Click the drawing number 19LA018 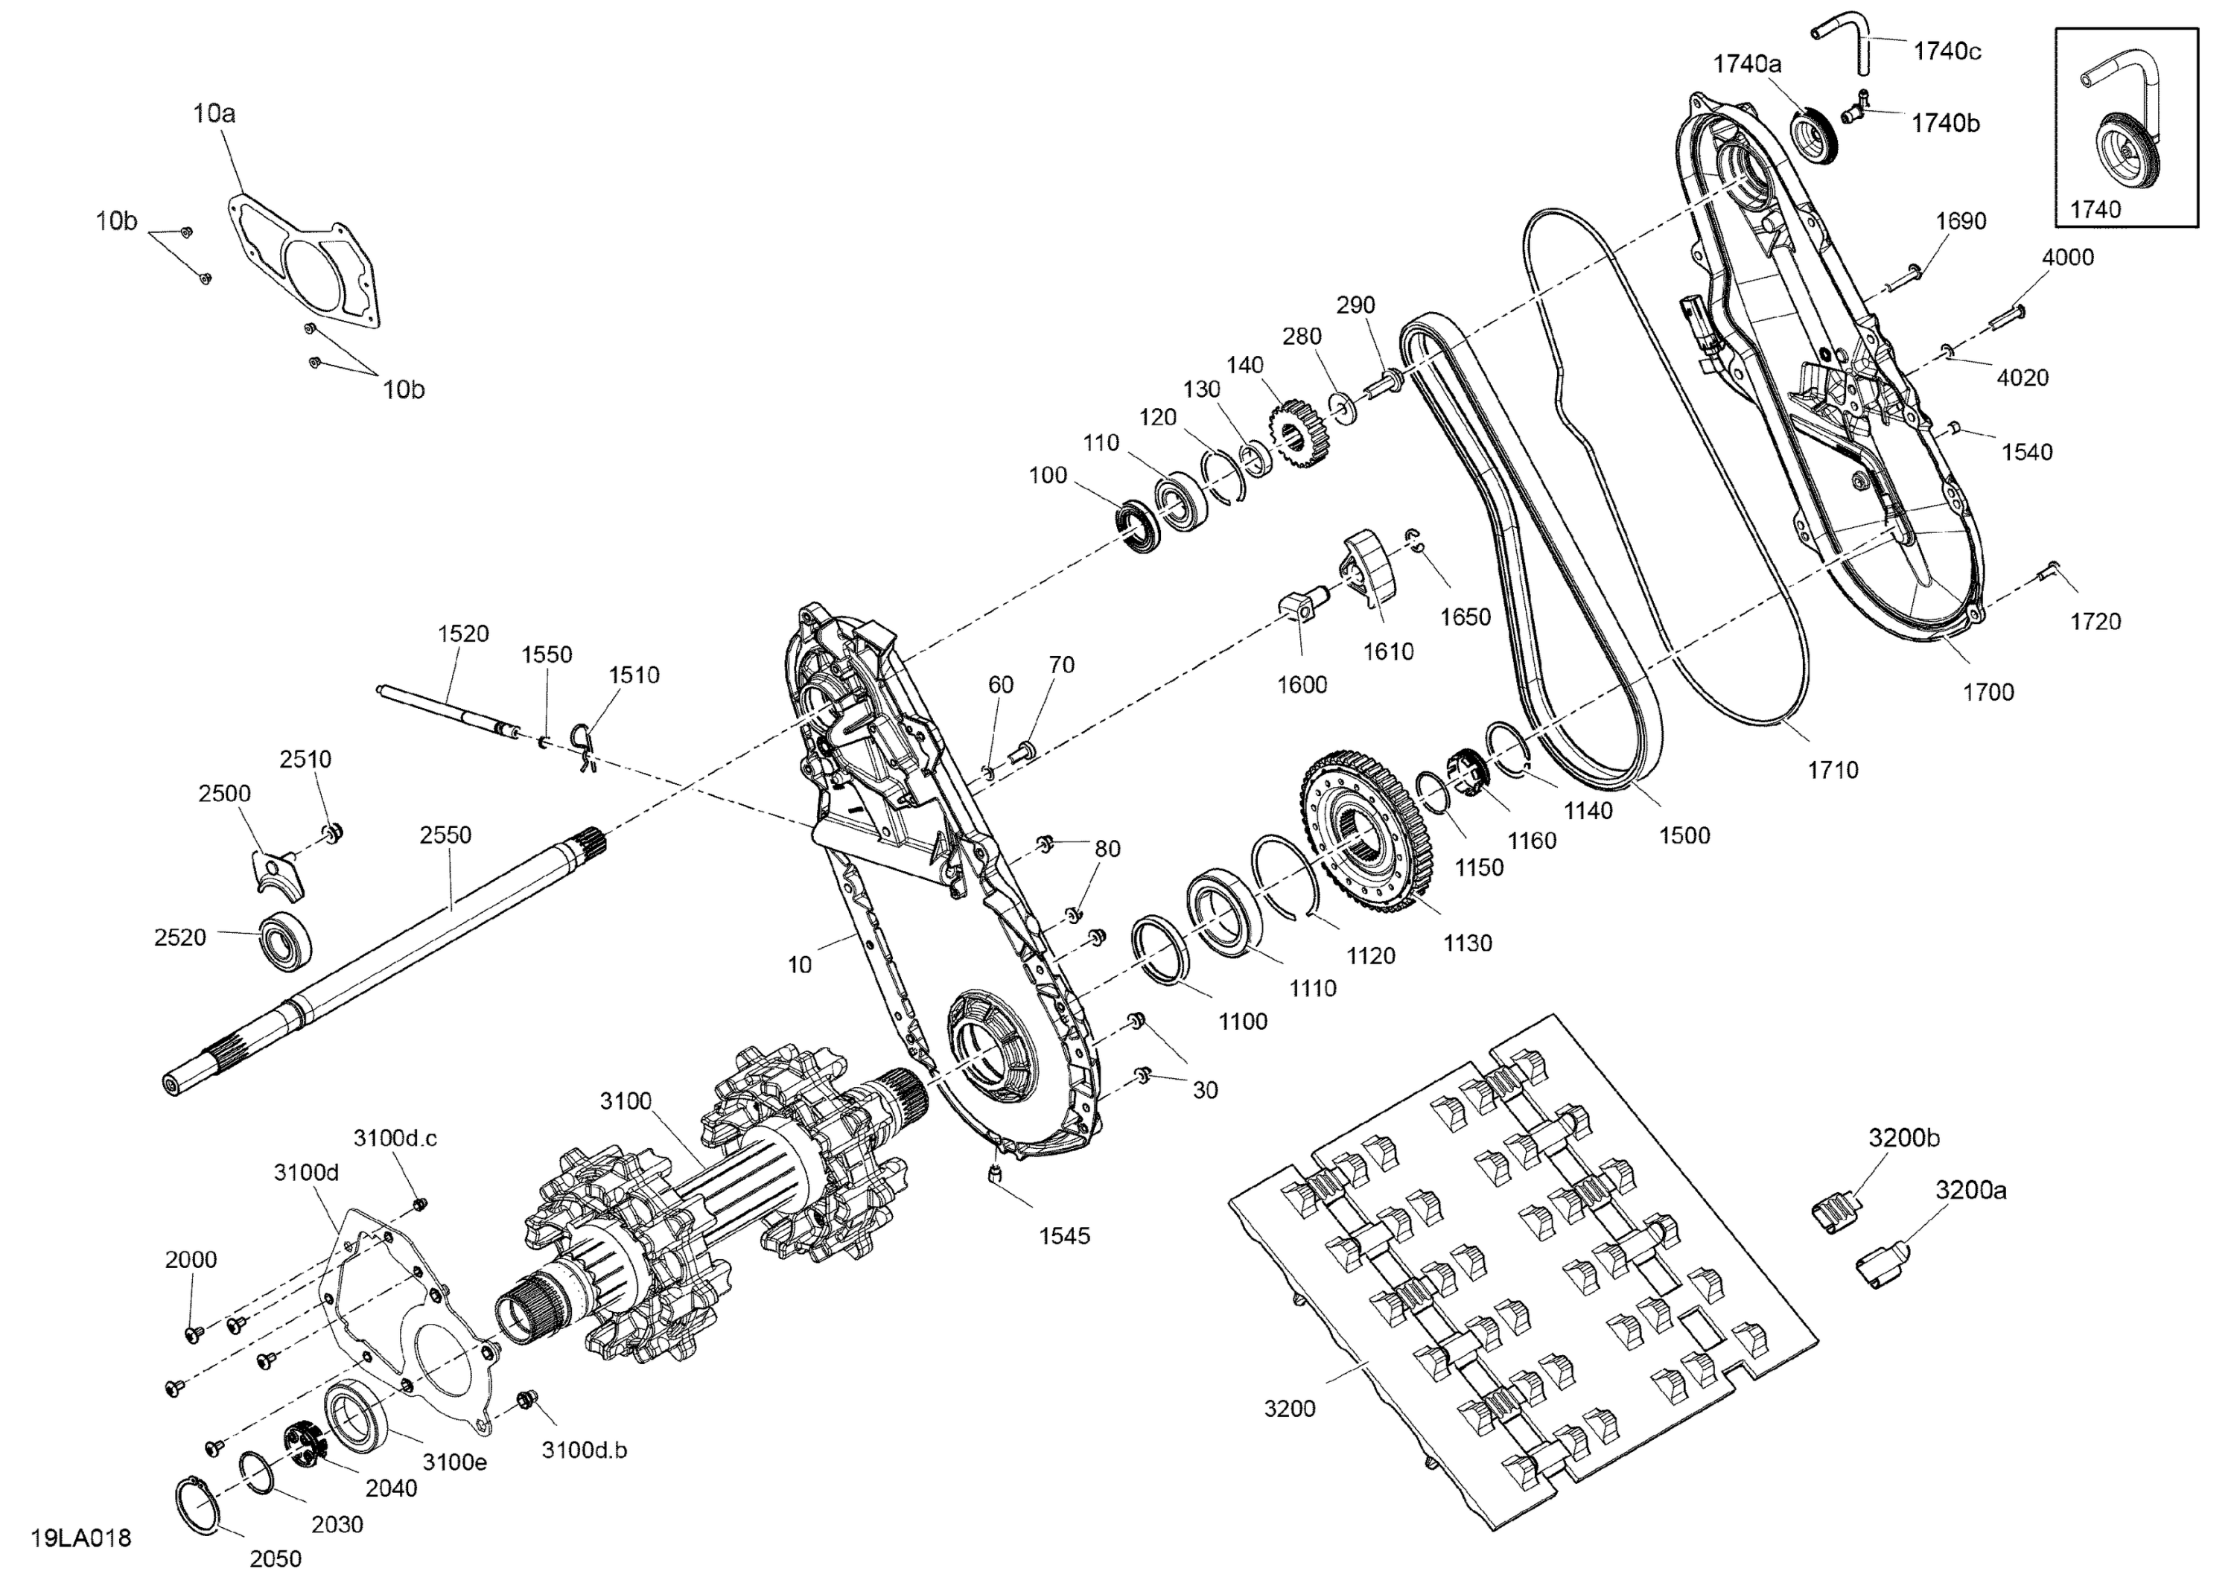tap(80, 1538)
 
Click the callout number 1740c tap(1947, 51)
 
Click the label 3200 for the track tap(1289, 1408)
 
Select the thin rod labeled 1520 tap(448, 708)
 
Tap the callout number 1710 tap(1833, 770)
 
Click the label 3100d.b tap(584, 1450)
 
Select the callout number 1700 tap(1988, 692)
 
